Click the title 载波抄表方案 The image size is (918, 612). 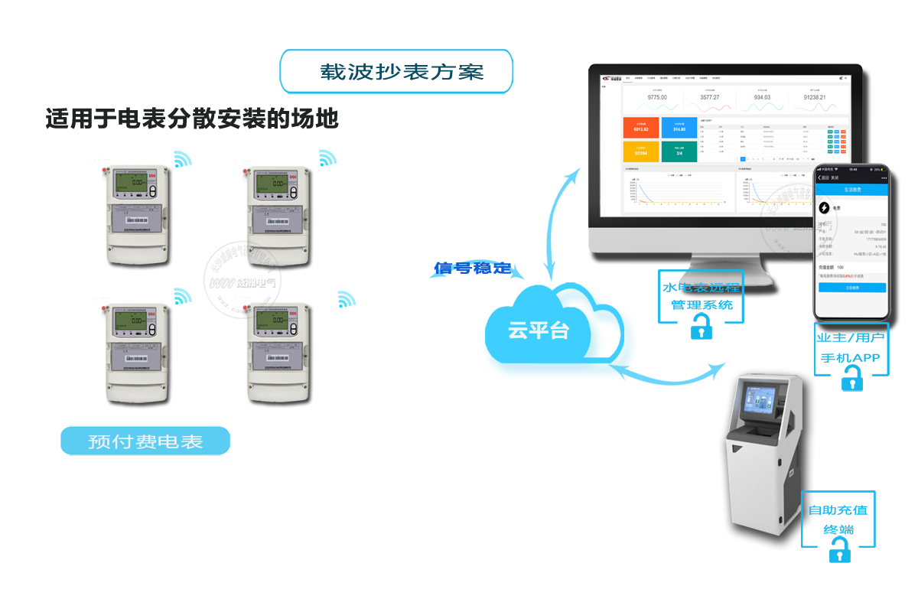(396, 72)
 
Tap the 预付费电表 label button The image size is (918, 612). (145, 441)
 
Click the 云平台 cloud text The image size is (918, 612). (539, 330)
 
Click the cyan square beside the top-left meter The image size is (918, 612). (182, 158)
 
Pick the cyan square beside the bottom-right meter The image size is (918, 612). (347, 299)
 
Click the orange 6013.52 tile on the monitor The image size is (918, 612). (640, 128)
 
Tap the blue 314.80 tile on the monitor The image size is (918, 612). (679, 128)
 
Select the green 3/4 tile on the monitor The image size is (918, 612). (679, 151)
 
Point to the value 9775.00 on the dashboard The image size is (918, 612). (656, 97)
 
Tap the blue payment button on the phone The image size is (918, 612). (851, 288)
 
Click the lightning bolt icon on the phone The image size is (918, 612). (824, 207)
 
